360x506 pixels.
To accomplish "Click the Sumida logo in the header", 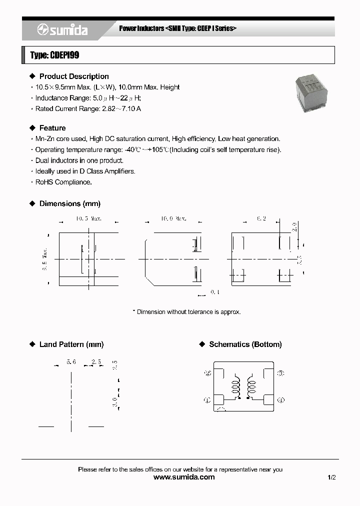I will [62, 30].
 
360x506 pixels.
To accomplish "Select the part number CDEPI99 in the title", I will [64, 55].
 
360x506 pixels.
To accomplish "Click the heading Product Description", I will [74, 76].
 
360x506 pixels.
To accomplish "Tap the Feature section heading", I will [52, 128].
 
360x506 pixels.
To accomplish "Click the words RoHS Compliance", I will [63, 182].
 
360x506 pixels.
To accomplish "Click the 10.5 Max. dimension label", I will [89, 218].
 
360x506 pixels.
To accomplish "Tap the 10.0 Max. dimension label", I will [173, 218].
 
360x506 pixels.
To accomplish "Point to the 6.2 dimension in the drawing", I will [261, 218].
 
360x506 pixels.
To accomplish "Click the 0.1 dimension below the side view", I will [214, 292].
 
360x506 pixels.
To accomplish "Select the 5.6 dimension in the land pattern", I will [70, 362].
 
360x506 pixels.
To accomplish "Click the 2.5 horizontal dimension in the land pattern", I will [96, 362].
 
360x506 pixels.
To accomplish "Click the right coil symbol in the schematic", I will [251, 387].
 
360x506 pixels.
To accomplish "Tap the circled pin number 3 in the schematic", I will [280, 373].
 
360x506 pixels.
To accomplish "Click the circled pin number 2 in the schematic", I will [208, 373].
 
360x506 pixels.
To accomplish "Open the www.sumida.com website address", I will [184, 477].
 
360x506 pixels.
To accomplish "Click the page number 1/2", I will [331, 477].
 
